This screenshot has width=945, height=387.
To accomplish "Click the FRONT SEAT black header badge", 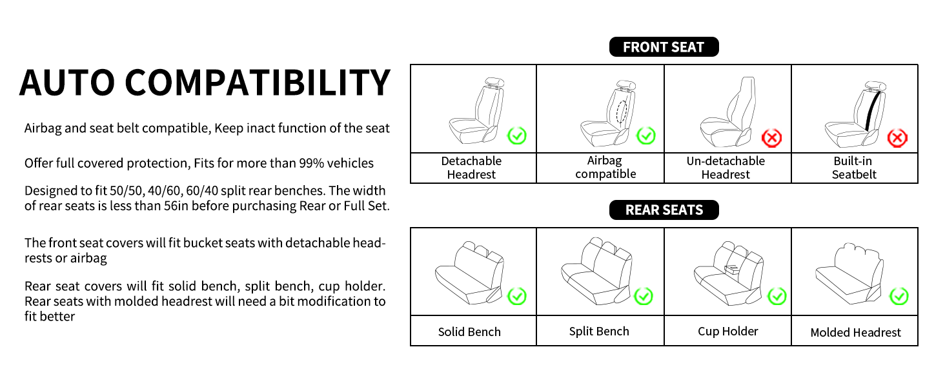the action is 664,47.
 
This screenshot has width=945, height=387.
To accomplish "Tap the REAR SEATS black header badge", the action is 664,210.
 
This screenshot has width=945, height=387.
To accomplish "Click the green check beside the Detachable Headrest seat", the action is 517,135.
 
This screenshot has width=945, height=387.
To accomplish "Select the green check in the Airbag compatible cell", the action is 646,135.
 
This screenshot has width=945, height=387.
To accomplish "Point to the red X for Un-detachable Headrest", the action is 771,138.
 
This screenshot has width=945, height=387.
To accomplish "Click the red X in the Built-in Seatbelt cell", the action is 897,138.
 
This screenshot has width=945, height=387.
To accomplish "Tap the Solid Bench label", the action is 469,332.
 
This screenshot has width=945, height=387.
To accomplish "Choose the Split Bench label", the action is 599,332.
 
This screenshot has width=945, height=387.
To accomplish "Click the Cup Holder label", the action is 727,332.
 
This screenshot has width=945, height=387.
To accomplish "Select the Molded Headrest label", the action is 855,333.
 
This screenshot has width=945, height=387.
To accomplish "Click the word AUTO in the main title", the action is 67,82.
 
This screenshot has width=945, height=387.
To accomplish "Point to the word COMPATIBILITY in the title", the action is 258,82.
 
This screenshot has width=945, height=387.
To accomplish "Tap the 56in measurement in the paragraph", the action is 176,206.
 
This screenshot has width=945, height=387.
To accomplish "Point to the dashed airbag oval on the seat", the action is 621,112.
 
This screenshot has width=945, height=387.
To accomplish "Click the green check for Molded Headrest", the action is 899,296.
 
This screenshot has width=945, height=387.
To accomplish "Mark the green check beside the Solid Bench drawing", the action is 517,296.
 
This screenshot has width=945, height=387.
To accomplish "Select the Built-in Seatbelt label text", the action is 853,168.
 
